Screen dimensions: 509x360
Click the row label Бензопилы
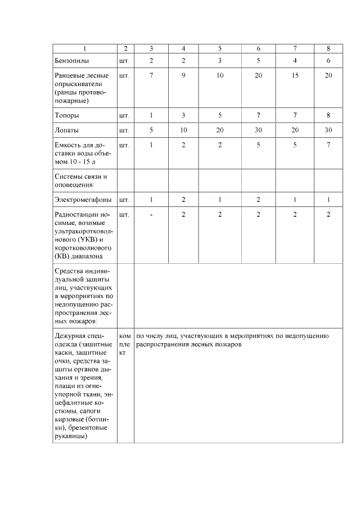[x=71, y=60]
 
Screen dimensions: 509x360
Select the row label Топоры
[x=67, y=115]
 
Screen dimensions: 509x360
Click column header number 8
[x=328, y=48]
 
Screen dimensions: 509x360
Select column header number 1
[x=84, y=48]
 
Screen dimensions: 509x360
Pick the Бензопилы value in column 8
[x=328, y=60]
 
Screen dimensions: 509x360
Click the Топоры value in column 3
[x=151, y=115]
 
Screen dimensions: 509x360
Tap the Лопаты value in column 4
[x=183, y=130]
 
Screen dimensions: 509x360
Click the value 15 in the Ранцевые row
[x=295, y=75]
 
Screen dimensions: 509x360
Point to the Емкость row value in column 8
[x=328, y=145]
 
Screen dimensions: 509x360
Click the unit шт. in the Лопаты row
[x=124, y=130]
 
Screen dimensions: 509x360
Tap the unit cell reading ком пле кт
[x=125, y=344]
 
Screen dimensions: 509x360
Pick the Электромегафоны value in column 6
[x=258, y=200]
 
